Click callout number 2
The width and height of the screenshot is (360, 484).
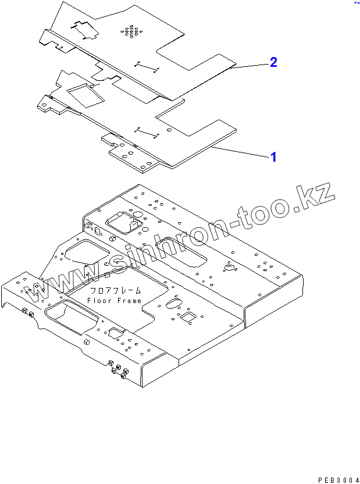click(x=273, y=63)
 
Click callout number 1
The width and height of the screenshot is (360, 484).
click(x=272, y=156)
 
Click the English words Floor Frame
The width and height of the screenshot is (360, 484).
click(x=114, y=301)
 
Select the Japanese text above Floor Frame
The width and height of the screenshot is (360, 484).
click(x=115, y=291)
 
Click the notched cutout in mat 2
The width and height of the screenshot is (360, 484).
click(x=85, y=29)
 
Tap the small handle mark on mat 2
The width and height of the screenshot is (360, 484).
click(x=147, y=66)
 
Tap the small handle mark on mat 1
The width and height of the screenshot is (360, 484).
click(x=147, y=132)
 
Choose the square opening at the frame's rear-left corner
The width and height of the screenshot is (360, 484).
click(x=123, y=221)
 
